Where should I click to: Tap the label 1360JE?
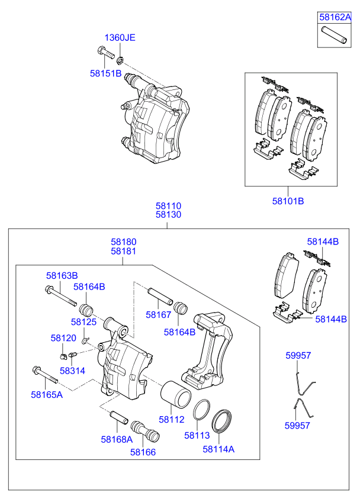[x=120, y=37]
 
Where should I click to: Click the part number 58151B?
[x=105, y=73]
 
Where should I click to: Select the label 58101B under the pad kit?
[x=288, y=201]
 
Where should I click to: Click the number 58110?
[x=168, y=206]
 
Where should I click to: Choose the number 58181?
[x=123, y=251]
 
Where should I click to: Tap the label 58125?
[x=83, y=321]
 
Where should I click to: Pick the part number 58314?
[x=72, y=370]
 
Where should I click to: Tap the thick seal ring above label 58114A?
[x=223, y=421]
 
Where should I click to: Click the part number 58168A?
[x=117, y=439]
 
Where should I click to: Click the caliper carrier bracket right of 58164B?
[x=210, y=349]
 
